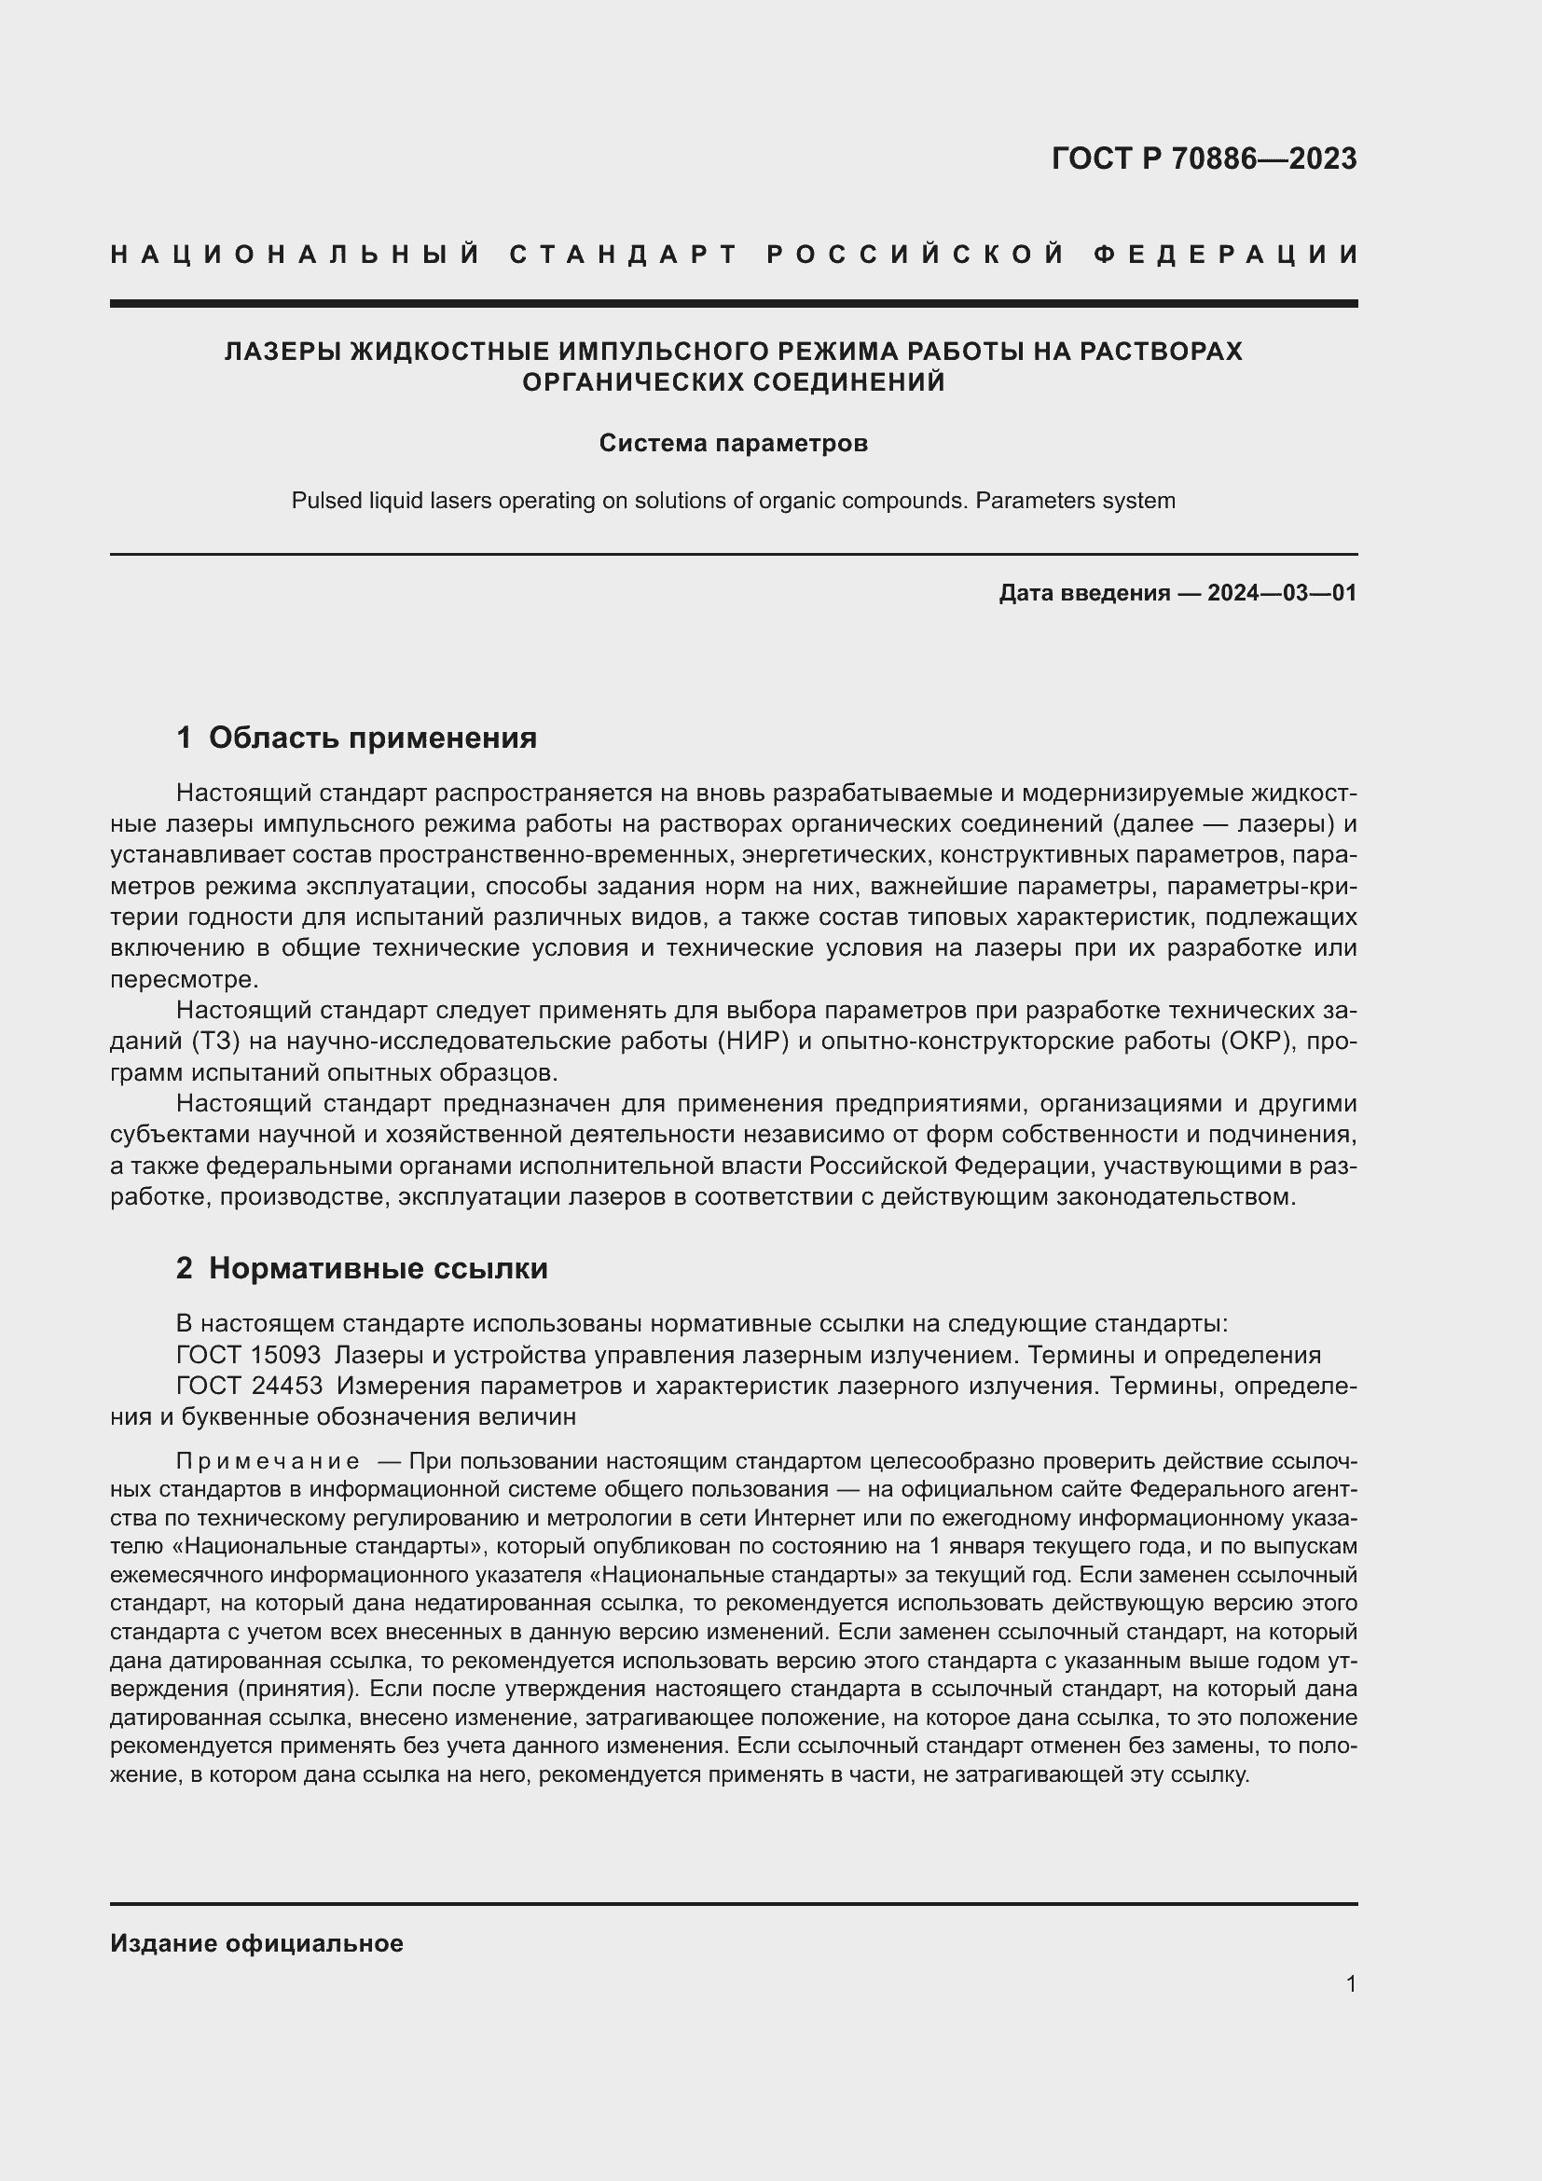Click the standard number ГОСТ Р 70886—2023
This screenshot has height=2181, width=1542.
[x=1203, y=159]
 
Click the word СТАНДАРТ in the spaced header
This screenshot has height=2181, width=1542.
[x=624, y=255]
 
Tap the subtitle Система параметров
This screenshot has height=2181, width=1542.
[x=733, y=444]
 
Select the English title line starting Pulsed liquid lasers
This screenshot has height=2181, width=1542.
[x=733, y=501]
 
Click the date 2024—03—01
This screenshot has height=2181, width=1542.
[x=1281, y=594]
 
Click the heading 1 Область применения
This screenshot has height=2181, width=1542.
[x=356, y=739]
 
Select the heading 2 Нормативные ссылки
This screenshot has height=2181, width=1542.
[x=362, y=1269]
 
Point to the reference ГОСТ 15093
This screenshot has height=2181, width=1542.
[x=248, y=1356]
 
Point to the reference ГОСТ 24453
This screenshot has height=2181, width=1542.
[x=249, y=1386]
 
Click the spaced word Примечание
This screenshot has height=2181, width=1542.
[x=268, y=1461]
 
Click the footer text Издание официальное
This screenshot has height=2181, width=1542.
[x=256, y=1943]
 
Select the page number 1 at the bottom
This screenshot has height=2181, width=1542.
[x=1350, y=1984]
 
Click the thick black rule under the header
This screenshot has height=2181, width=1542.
[x=733, y=303]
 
